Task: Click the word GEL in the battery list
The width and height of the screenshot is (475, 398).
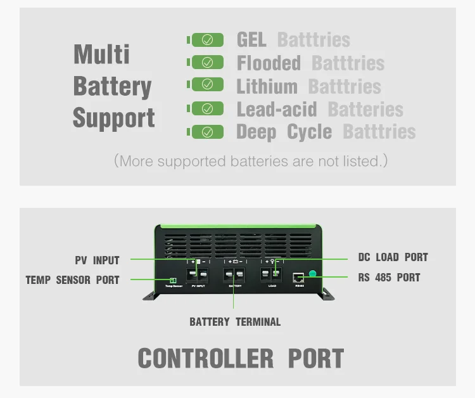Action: coord(251,39)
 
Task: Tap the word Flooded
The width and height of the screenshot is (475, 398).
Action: coord(269,63)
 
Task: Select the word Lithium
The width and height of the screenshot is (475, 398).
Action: coord(267,86)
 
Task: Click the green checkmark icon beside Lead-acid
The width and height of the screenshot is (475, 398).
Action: coord(207,108)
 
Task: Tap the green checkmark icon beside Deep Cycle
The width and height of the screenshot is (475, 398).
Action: coord(207,132)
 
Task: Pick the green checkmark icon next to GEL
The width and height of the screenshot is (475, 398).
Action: coord(207,39)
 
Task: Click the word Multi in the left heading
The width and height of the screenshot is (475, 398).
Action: coord(101,54)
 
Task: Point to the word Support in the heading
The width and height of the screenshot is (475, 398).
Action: coord(113,118)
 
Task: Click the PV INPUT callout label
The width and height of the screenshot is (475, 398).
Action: coord(97,260)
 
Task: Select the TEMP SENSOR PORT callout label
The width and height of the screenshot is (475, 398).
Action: coord(72,279)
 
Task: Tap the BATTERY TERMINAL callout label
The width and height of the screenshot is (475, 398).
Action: coord(235,321)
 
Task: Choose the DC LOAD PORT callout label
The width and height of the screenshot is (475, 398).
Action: coord(393,257)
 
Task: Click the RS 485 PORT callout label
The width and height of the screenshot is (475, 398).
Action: coord(389,277)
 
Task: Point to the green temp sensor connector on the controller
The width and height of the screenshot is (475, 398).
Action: coord(172,280)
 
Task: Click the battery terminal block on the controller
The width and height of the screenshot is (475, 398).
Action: coord(235,275)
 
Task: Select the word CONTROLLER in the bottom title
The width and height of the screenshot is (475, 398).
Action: coord(206,359)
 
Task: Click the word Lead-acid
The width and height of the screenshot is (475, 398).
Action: coord(276,109)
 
